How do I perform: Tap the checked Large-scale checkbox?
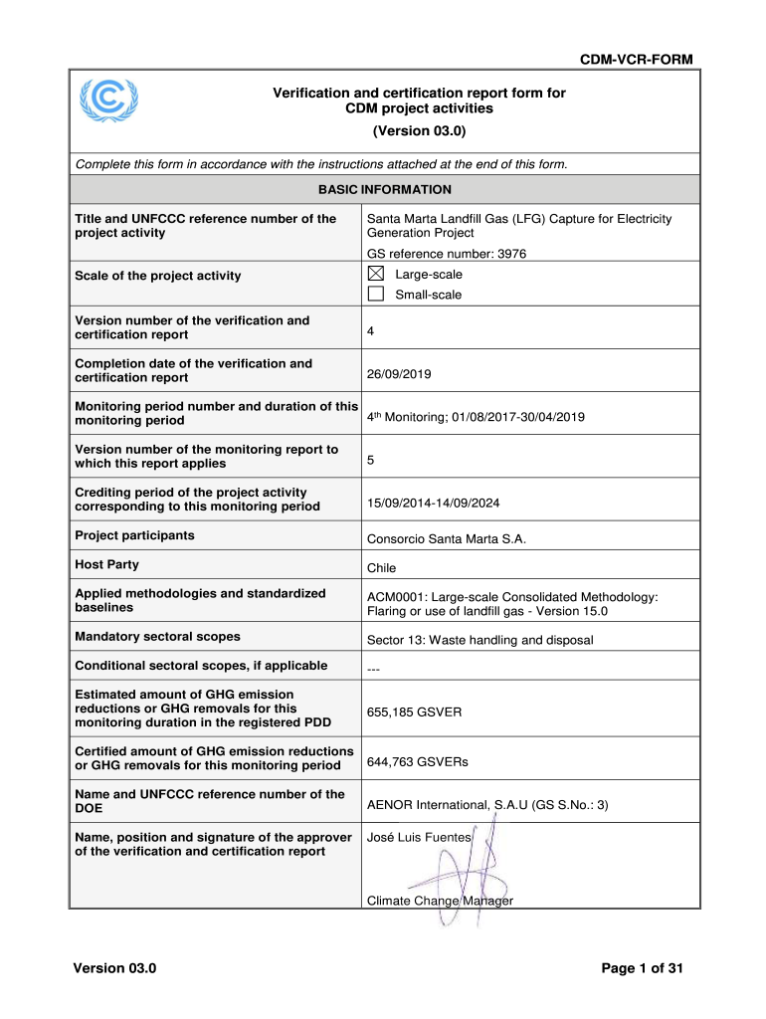tap(376, 275)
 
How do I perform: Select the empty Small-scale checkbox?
tap(376, 295)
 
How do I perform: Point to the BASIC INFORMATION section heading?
tap(384, 189)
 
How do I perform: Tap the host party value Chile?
tap(381, 568)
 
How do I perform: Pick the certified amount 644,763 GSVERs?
tap(418, 762)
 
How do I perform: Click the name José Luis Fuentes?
tap(419, 838)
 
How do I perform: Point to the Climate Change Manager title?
tap(440, 902)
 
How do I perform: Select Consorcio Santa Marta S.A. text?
tap(446, 539)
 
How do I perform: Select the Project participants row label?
tap(135, 535)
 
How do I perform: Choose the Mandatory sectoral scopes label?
tap(158, 636)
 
